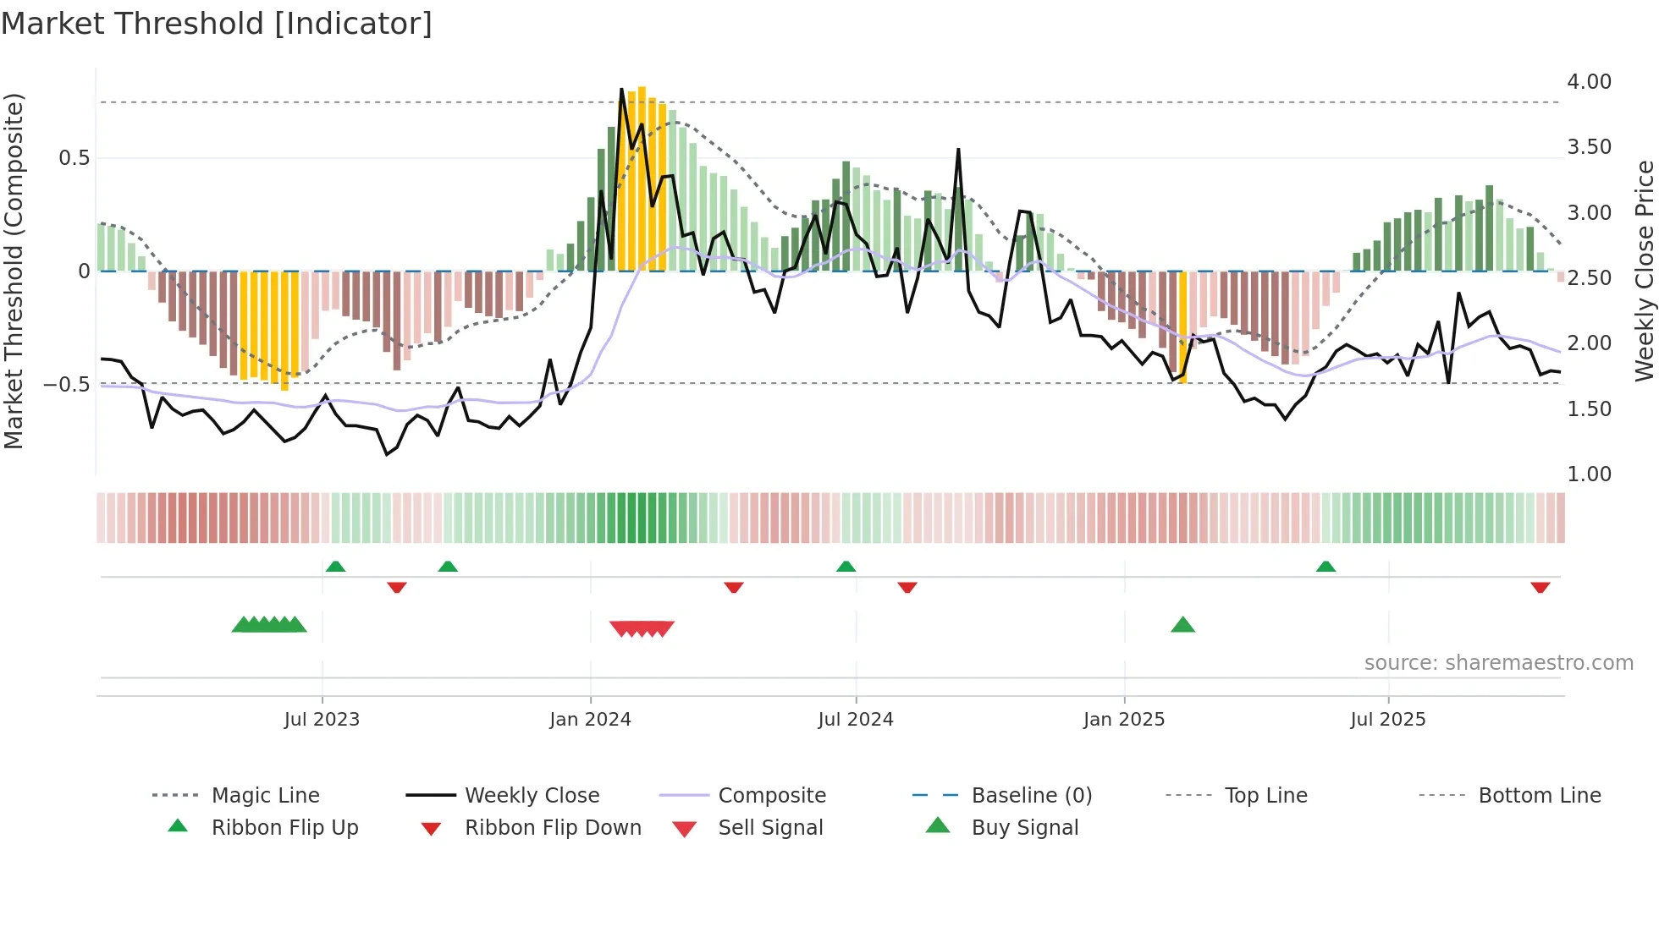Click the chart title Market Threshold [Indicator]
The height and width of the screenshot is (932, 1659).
point(217,24)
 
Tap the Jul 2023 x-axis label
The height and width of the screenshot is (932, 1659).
point(322,720)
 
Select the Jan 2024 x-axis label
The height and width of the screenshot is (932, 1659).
point(590,720)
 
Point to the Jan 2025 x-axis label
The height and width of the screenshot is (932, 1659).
point(1124,720)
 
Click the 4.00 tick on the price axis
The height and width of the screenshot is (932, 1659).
point(1589,82)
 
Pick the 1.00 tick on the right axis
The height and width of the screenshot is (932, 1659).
point(1589,474)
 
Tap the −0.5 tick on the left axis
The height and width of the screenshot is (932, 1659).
point(67,385)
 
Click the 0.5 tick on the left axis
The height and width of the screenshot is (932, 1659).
point(74,158)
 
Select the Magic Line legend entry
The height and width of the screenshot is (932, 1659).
point(265,796)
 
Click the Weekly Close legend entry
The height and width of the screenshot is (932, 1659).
point(532,796)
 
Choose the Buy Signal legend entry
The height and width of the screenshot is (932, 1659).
point(1024,828)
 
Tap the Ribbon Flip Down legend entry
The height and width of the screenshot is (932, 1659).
point(553,828)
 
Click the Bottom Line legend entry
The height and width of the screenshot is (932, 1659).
point(1539,796)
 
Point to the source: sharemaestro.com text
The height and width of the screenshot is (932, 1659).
point(1498,663)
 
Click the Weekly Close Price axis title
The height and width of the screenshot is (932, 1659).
point(1644,271)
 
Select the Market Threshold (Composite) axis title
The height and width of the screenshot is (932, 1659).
point(14,271)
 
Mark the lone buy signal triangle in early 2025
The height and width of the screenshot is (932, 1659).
point(1182,625)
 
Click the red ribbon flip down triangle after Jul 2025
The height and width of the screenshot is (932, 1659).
point(1540,587)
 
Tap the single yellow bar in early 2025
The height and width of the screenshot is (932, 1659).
point(1183,326)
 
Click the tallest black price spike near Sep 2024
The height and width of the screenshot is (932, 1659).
point(958,151)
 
